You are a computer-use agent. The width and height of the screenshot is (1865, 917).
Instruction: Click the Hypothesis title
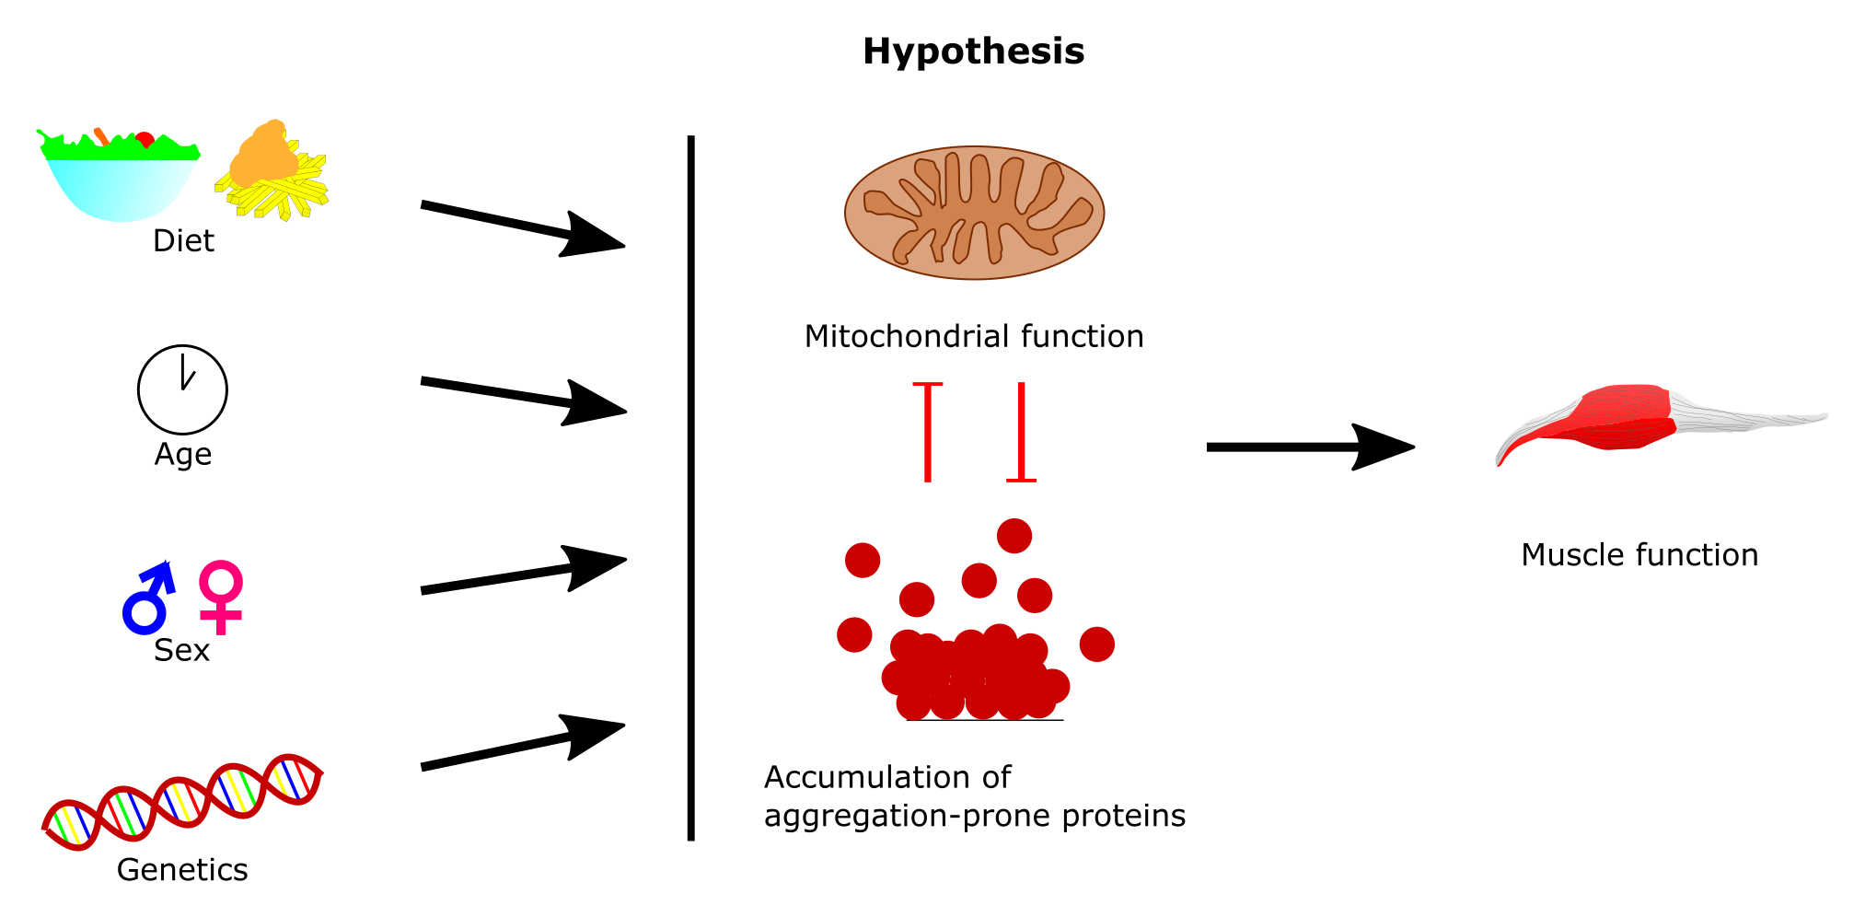(x=973, y=52)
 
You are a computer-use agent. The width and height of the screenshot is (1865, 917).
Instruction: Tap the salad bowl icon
(x=119, y=180)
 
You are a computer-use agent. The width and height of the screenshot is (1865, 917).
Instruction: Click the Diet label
(x=183, y=241)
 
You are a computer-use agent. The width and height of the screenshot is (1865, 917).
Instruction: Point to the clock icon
(x=182, y=389)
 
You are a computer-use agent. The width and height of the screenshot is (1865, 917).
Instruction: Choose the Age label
(x=183, y=455)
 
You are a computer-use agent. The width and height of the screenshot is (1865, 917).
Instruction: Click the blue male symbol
(x=147, y=598)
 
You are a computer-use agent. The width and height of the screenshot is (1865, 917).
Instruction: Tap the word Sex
(x=181, y=651)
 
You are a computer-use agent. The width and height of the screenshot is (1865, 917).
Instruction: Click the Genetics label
(x=182, y=870)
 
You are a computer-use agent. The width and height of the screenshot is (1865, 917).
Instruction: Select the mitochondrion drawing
(x=974, y=213)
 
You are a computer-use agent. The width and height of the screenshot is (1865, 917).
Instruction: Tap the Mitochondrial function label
(x=974, y=337)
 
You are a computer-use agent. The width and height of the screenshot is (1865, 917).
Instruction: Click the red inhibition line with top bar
(x=927, y=432)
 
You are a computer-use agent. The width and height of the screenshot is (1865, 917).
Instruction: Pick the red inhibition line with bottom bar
(x=1021, y=432)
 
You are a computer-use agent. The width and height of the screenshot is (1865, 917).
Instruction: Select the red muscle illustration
(x=1629, y=420)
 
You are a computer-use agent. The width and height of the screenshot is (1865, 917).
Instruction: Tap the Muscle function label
(x=1639, y=555)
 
